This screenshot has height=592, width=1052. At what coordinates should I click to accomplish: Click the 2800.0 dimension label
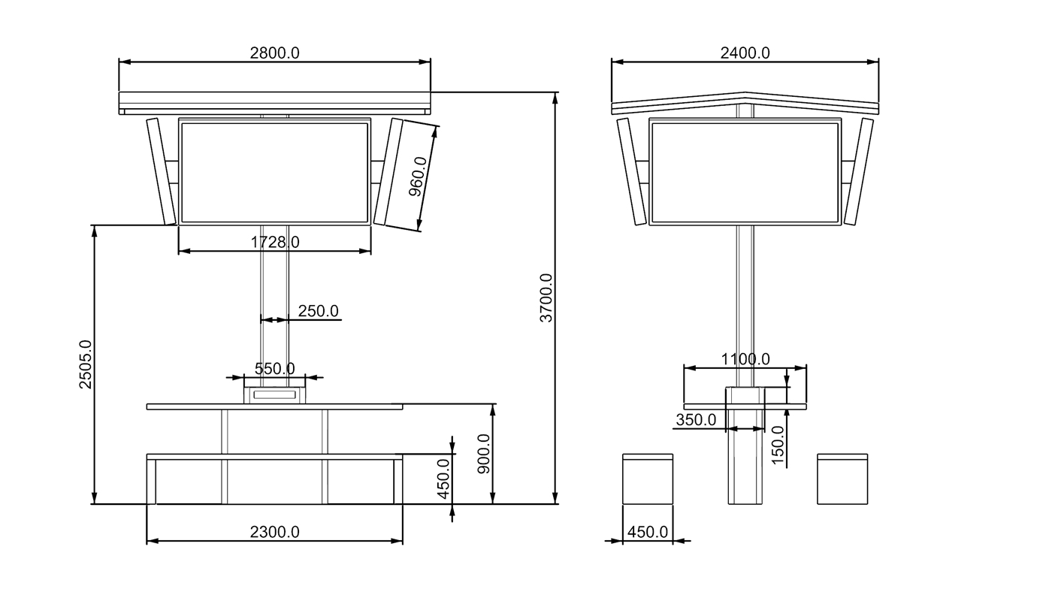pyautogui.click(x=274, y=53)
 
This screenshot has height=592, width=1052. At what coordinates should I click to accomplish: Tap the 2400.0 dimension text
pyautogui.click(x=745, y=53)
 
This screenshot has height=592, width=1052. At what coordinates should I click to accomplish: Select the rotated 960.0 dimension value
pyautogui.click(x=418, y=177)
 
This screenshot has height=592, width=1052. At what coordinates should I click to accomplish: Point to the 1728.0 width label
pyautogui.click(x=275, y=242)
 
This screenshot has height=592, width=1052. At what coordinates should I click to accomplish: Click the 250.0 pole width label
pyautogui.click(x=318, y=311)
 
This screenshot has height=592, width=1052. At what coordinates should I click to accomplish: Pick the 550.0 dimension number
pyautogui.click(x=275, y=369)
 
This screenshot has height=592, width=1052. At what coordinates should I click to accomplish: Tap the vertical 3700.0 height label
pyautogui.click(x=546, y=298)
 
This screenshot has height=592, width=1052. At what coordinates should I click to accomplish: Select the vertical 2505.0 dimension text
pyautogui.click(x=86, y=364)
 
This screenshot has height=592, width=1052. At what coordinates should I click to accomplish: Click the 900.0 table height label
pyautogui.click(x=484, y=454)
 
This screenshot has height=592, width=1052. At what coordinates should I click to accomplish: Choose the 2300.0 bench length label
pyautogui.click(x=274, y=532)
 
